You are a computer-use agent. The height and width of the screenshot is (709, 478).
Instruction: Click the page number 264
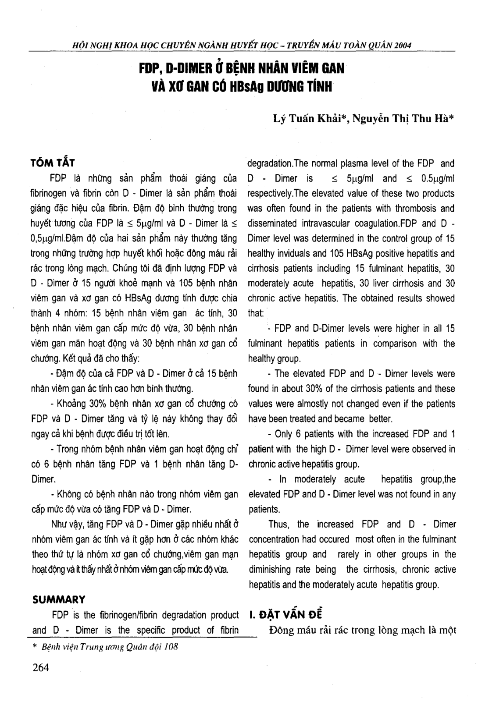(41, 667)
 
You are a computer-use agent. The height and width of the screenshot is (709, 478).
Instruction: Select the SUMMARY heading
(59, 599)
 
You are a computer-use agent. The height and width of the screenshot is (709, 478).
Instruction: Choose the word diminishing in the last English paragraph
(270, 569)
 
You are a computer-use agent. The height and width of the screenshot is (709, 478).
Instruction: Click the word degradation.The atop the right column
(276, 163)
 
